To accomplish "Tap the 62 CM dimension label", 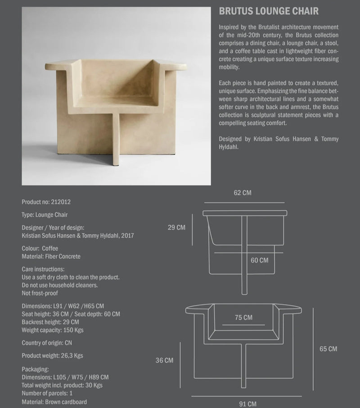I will (x=243, y=193).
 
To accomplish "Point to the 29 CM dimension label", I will (x=176, y=227).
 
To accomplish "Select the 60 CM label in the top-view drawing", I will (x=259, y=260).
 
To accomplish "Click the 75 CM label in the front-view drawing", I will (x=243, y=317).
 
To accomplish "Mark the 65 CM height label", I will (x=328, y=349).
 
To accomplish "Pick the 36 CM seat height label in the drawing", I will (x=164, y=360).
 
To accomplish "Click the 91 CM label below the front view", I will (x=247, y=403).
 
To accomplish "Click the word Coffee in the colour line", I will (x=50, y=249).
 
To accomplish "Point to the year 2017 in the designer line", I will (x=126, y=236).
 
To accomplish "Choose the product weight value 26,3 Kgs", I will (x=72, y=356).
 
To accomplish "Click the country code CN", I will (x=68, y=343).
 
